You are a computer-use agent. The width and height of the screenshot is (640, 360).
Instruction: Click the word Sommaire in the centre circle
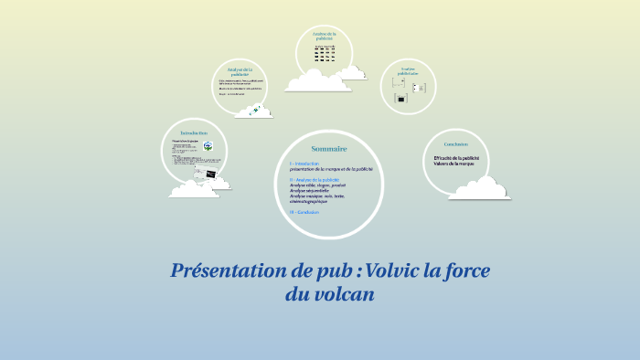[328, 148]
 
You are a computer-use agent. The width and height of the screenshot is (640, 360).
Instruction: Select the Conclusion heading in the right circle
[456, 144]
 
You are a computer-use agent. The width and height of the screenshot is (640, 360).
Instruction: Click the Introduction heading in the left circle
[199, 133]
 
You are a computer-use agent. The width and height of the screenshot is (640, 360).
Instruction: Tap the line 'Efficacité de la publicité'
[463, 158]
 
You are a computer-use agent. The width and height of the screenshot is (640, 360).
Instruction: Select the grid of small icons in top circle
[324, 54]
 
